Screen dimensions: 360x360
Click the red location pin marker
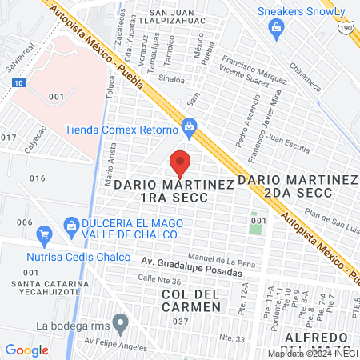(180, 164)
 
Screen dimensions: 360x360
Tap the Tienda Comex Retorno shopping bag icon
(189, 126)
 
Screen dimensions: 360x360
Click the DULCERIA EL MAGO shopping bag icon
(71, 226)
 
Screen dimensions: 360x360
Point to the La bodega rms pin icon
(121, 325)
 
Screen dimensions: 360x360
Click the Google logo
(26, 350)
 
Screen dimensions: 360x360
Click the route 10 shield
(18, 82)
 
